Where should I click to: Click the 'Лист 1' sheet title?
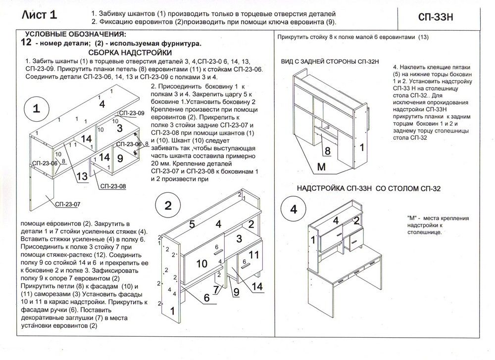point(40,15)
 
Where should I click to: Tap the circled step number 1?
point(37,110)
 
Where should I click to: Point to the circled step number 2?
point(168,206)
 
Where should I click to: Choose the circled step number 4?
point(294,209)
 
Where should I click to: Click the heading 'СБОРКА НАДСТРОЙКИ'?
point(130,52)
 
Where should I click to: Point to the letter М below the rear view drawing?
point(321,167)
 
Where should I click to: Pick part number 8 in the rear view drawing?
point(327,150)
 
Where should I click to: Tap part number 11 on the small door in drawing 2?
point(254,255)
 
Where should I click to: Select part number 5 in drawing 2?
point(193,225)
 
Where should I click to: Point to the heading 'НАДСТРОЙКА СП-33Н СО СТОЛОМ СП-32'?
point(368,188)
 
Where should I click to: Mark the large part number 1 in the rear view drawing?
point(362,147)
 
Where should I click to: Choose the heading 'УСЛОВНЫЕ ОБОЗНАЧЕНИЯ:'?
point(75,34)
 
